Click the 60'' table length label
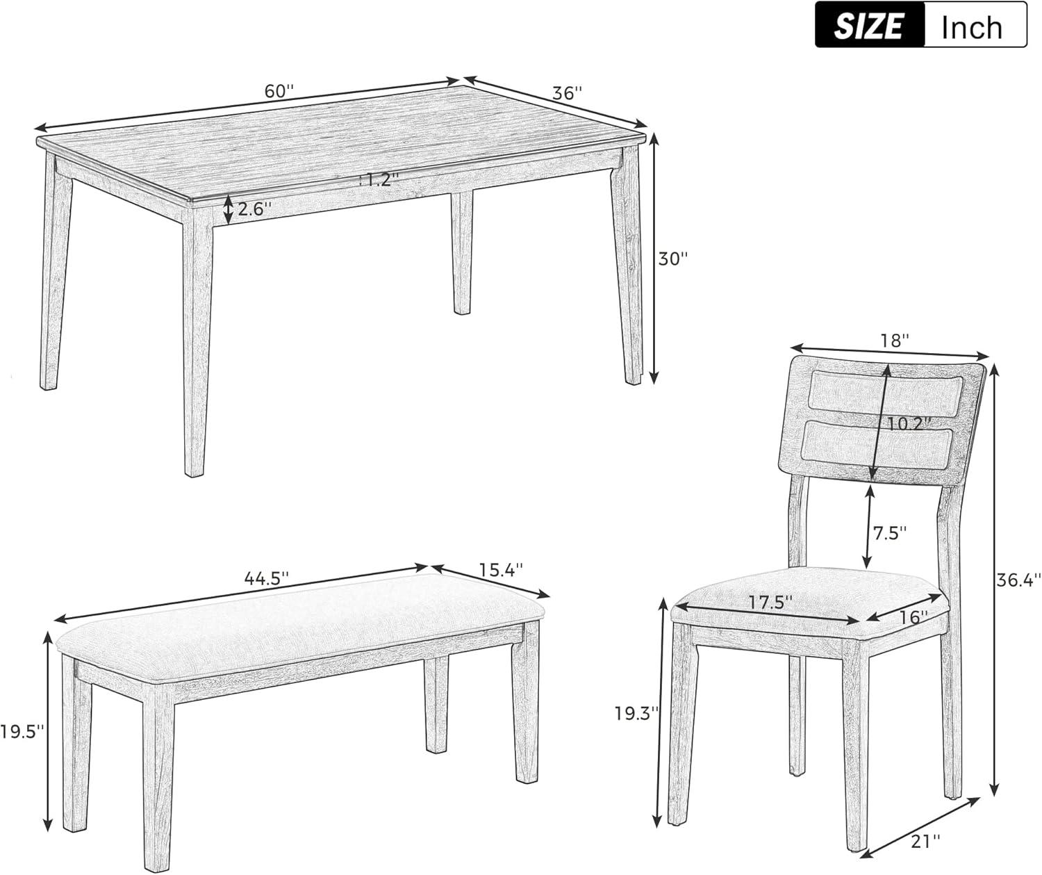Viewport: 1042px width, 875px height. coord(279,91)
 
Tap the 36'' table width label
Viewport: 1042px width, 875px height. coord(567,93)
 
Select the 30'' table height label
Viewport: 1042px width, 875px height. coord(673,259)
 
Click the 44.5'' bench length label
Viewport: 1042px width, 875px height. coord(266,578)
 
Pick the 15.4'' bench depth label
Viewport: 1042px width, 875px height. coord(500,569)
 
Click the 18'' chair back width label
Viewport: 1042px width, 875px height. coord(895,341)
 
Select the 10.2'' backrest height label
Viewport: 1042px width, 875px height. coord(908,423)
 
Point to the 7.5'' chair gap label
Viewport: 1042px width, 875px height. coord(890,533)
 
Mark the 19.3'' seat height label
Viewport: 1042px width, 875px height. coord(636,712)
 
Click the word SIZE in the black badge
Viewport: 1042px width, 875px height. coord(869,26)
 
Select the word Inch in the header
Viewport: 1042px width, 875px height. coord(972,26)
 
